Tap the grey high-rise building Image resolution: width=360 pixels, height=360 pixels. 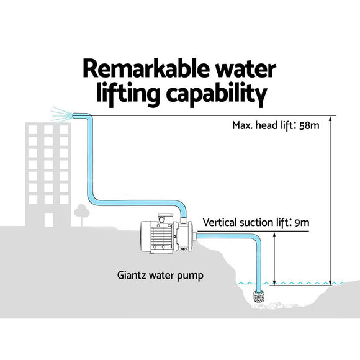click(47, 174)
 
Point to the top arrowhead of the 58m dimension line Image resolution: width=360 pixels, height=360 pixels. click(331, 119)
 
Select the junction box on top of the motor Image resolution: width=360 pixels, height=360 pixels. click(163, 218)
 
